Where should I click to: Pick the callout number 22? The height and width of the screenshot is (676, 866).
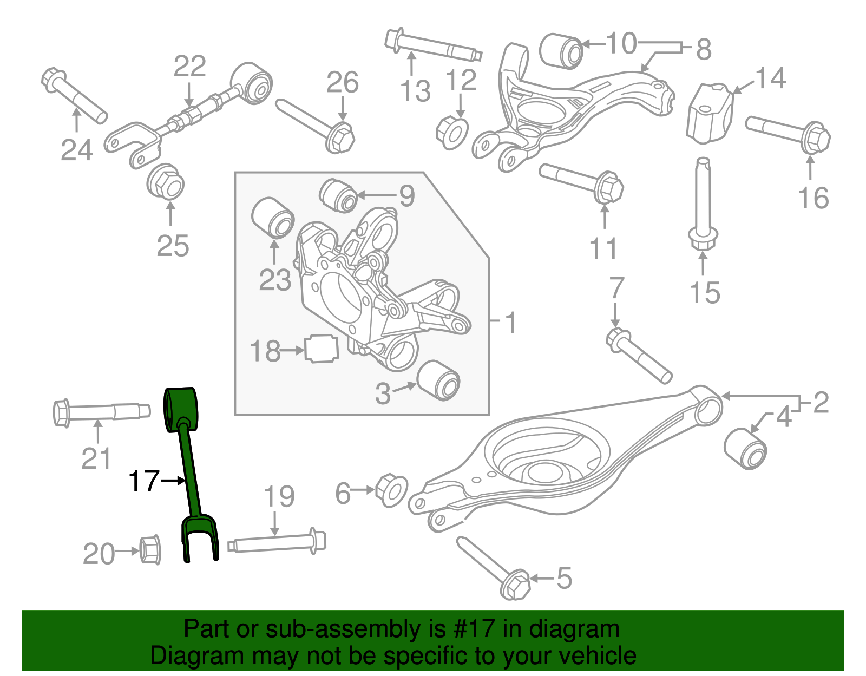pos(189,66)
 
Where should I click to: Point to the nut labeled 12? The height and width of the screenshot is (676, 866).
pos(452,133)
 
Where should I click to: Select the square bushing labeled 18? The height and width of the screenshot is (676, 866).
pos(322,349)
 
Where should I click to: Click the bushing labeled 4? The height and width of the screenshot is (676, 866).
pos(745,448)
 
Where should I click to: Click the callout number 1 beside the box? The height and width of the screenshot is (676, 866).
pos(510,323)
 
